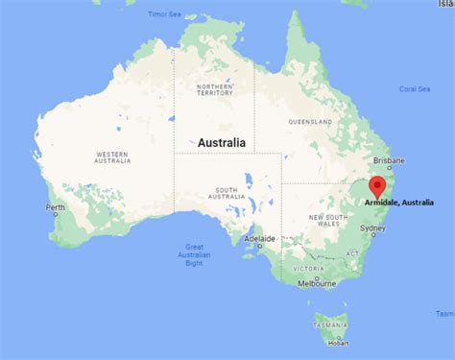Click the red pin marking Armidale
coord(378,185)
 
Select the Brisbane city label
coord(390,161)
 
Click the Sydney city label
coord(373,228)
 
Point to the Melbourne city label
coord(316,283)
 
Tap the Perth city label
coord(54,207)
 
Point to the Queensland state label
coord(309,122)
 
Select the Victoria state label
coord(307,268)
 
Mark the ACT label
coord(352,252)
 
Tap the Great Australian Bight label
coord(196,253)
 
